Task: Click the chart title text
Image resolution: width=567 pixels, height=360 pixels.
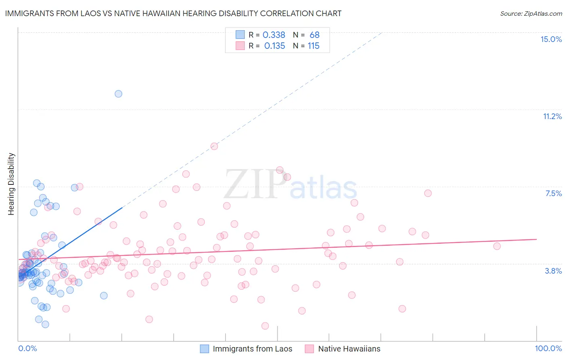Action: coord(173,13)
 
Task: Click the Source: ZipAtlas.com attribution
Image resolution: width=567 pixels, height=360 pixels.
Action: coord(531,13)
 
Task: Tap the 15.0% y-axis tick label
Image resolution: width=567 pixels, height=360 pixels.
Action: coord(551,39)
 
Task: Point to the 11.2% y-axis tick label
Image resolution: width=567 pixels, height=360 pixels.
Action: coord(552,116)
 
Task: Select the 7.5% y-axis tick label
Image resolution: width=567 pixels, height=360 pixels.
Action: coord(553,193)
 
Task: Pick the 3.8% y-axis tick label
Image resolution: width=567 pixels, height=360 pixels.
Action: coord(553,271)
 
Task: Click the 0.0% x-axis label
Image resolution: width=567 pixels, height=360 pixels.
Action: coord(27,348)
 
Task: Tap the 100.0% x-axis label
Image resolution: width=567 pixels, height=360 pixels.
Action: coord(548,348)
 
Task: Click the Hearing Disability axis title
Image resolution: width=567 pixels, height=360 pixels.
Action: coord(11,184)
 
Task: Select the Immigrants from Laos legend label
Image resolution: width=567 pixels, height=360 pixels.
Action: coord(252,349)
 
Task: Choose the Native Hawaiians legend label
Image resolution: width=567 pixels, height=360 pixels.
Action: coord(349,349)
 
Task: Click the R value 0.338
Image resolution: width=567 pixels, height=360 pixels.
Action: coord(274,35)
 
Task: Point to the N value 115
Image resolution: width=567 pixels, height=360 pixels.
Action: coord(313,46)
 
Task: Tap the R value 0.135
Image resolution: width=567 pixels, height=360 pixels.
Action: coord(275,46)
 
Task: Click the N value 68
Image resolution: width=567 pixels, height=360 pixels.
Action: coord(315,35)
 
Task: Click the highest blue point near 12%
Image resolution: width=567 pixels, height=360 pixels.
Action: coord(119,94)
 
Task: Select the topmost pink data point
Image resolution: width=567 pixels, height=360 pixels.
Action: coord(214,146)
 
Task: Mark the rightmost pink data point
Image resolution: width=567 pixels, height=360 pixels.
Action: coord(497,246)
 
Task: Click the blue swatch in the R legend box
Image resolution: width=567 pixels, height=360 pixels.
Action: coord(240,35)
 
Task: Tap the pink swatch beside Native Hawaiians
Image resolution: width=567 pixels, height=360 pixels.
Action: coord(309,349)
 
